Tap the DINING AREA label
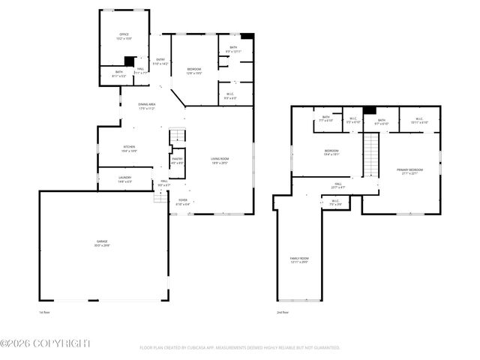point(146,106)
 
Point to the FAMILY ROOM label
point(299,259)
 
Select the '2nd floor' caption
point(283,311)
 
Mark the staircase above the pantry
point(177,136)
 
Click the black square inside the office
point(129,62)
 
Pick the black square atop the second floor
point(369,111)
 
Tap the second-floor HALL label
point(337,184)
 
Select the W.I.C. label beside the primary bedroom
point(418,120)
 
